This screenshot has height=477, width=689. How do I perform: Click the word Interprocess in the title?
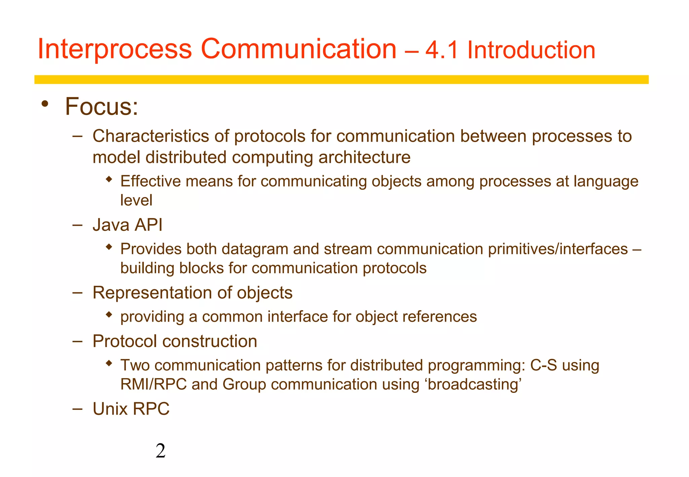[115, 50]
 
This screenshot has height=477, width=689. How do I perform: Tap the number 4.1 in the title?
[442, 50]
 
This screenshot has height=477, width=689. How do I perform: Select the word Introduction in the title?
[531, 50]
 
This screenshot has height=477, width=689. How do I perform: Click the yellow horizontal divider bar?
[341, 79]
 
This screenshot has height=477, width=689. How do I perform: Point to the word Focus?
[101, 107]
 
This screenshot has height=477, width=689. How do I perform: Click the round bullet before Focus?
[44, 104]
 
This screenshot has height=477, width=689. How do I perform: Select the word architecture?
[364, 157]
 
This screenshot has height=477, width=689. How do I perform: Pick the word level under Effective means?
[136, 200]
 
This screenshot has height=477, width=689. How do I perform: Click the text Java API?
[128, 225]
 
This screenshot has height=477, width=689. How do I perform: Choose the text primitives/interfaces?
[558, 249]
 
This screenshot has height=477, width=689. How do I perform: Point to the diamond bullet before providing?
[108, 315]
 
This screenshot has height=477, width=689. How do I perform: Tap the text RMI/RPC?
[153, 384]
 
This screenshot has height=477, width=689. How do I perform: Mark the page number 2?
[161, 451]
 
